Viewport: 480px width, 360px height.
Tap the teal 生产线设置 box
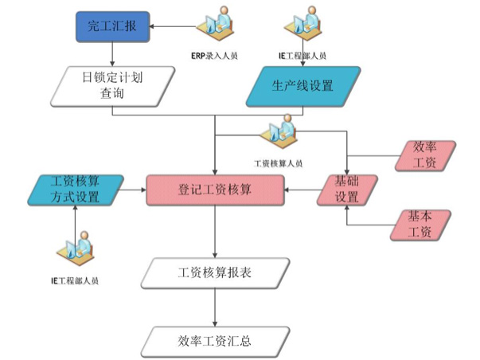coord(303,86)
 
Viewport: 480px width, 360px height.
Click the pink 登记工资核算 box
coord(215,190)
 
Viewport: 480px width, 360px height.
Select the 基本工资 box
coord(420,225)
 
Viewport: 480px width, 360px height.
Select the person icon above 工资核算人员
coord(280,132)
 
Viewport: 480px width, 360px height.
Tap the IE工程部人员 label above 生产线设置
coord(303,55)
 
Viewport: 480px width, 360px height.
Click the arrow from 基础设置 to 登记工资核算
coord(302,190)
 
